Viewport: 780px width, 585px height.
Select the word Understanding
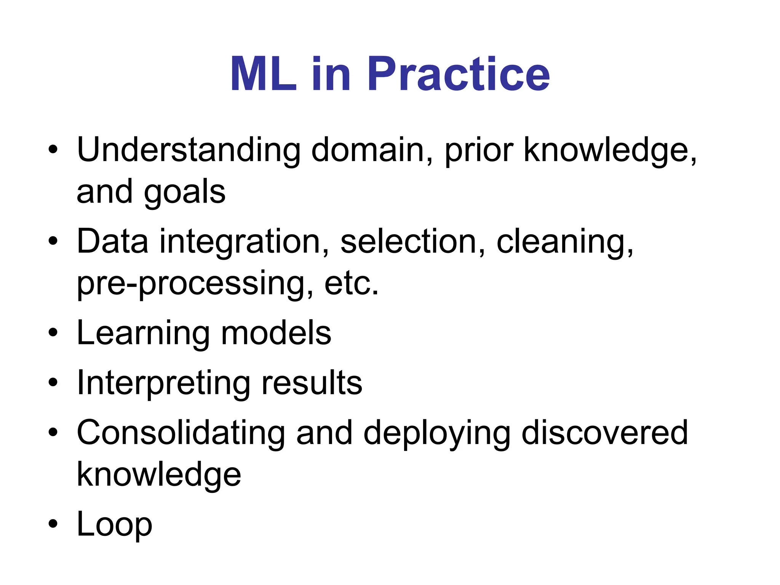tap(189, 150)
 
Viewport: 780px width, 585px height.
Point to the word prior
tap(479, 150)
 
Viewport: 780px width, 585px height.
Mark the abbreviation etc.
tap(351, 284)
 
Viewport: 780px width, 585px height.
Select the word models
tap(276, 333)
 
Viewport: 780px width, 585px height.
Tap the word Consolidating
tap(181, 433)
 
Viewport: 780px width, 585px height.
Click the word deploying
tap(436, 433)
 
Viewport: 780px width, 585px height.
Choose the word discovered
tap(604, 433)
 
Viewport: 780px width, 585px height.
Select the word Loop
tap(114, 524)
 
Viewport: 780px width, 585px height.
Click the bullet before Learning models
tap(53, 332)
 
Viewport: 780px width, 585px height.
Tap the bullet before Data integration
tap(53, 241)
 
